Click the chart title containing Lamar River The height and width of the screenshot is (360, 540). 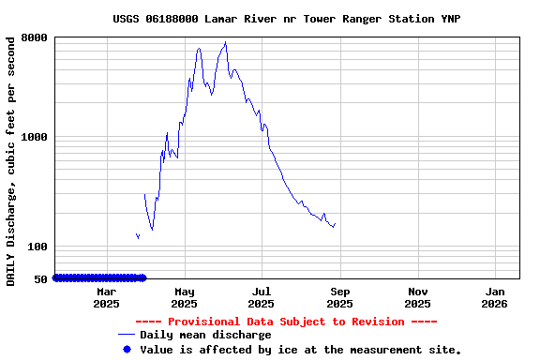(x=286, y=19)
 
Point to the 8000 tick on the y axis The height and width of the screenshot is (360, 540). (x=36, y=37)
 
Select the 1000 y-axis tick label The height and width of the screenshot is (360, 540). (x=36, y=137)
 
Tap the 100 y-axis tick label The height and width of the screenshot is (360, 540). (x=38, y=247)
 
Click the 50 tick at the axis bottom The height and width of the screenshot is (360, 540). (x=41, y=278)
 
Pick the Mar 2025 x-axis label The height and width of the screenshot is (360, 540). (x=106, y=297)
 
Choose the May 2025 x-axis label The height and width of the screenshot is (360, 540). (x=184, y=297)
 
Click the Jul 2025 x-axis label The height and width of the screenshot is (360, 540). (x=262, y=297)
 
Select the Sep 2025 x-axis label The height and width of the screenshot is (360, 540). (x=339, y=297)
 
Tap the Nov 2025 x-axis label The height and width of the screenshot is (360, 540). (x=417, y=297)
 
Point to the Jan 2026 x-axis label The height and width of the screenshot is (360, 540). (x=494, y=297)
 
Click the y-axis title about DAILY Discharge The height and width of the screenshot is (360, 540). (x=10, y=160)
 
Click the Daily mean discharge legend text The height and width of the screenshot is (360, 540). (x=205, y=335)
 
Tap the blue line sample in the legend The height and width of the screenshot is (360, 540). (x=127, y=335)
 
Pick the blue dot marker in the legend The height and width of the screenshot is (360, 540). (x=127, y=349)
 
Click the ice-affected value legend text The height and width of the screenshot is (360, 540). (x=300, y=349)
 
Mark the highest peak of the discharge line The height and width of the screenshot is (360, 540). (x=225, y=42)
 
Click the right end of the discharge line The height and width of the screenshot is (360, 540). (x=335, y=223)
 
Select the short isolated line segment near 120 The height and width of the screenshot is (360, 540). (x=138, y=235)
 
